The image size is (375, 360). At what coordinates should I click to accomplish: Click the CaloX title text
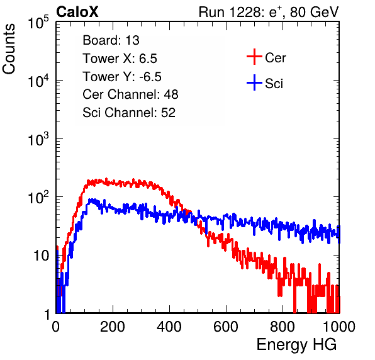click(77, 12)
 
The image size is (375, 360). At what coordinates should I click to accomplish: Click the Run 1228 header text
click(269, 12)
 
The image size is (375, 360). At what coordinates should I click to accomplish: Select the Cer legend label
click(275, 58)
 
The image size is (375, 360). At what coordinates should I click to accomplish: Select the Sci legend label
click(274, 84)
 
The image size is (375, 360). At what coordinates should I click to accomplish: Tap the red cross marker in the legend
click(254, 57)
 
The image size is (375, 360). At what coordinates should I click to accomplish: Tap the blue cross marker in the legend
click(254, 82)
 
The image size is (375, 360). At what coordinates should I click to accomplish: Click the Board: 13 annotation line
click(111, 40)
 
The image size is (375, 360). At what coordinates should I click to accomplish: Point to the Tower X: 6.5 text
click(120, 59)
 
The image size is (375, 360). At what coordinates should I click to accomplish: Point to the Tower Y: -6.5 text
click(122, 77)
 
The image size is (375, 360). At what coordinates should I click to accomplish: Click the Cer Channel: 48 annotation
click(130, 94)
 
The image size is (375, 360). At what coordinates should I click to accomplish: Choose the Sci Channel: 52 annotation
click(129, 113)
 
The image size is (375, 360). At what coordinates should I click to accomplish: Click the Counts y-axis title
click(9, 49)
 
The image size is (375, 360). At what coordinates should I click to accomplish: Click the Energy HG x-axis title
click(296, 345)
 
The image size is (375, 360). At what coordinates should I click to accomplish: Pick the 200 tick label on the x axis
click(113, 327)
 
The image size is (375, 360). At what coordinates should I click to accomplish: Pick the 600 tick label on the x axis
click(226, 327)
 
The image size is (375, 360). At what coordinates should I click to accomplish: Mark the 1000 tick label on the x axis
click(339, 327)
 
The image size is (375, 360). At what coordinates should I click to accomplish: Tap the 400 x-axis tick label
click(169, 327)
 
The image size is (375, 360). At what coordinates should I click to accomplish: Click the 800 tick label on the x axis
click(283, 327)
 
